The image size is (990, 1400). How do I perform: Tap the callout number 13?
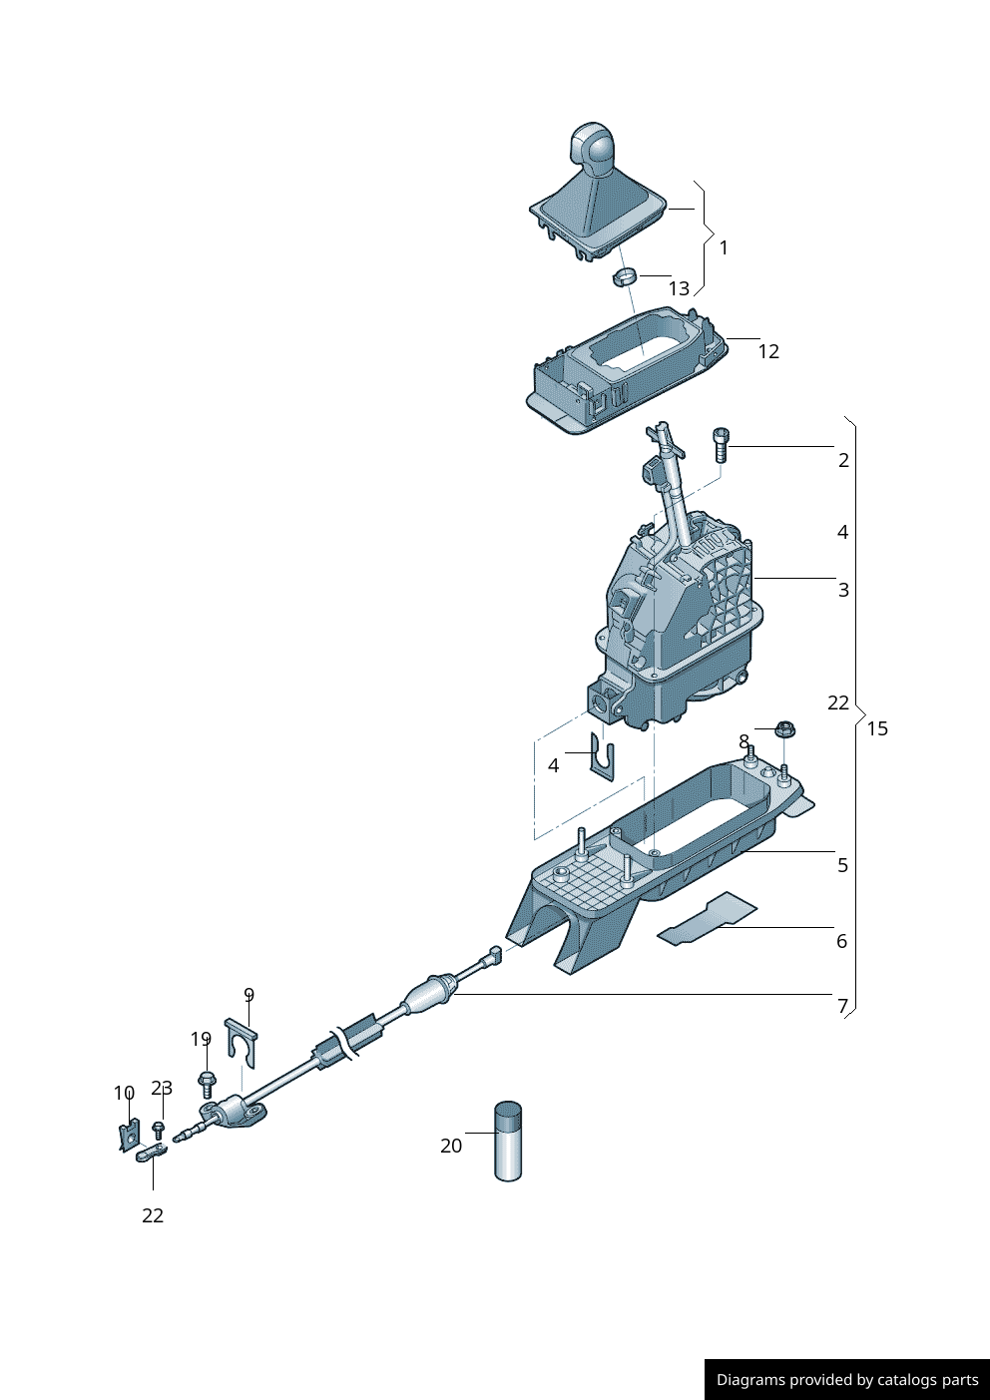[679, 289]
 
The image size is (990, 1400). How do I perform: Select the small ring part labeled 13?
[625, 276]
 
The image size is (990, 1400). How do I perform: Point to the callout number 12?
[767, 351]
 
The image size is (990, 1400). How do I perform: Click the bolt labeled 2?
[722, 445]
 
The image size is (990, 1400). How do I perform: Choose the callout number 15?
[877, 728]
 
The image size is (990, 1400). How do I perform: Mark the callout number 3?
[843, 590]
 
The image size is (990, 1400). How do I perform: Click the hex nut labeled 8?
[784, 729]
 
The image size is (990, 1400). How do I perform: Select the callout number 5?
[842, 865]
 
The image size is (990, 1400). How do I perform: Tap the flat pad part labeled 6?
[708, 920]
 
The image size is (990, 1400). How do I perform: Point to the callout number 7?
[842, 1006]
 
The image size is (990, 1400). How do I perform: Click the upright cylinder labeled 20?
[508, 1142]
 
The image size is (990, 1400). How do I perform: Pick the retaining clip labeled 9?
[242, 1042]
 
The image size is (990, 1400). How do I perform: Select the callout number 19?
[201, 1040]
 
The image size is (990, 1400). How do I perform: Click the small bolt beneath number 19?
[207, 1084]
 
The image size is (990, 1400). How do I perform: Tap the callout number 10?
[124, 1094]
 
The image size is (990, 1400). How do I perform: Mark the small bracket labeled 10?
[128, 1136]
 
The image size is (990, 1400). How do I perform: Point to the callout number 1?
[724, 247]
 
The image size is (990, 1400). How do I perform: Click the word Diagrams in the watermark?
[749, 1380]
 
